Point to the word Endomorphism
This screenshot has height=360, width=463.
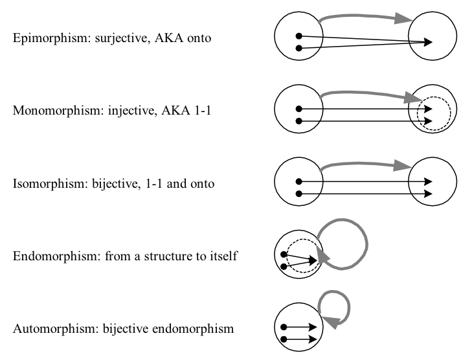(55, 256)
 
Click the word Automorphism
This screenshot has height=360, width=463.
(56, 328)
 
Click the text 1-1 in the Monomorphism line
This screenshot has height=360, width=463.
(203, 111)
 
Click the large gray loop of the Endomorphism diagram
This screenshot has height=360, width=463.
(367, 245)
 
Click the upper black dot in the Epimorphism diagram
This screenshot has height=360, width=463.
(299, 36)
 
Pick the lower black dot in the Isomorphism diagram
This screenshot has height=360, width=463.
(299, 194)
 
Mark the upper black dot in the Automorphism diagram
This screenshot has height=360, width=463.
(284, 327)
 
